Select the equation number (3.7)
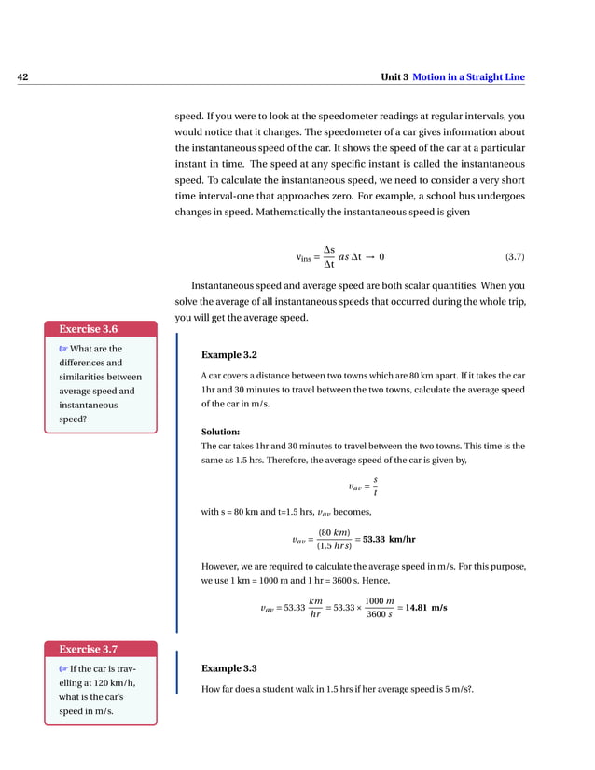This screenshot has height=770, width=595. [515, 256]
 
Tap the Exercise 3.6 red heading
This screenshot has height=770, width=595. [89, 328]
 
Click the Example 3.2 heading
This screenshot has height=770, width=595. [228, 355]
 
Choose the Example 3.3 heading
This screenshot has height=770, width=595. [228, 668]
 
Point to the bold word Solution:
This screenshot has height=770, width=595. [221, 432]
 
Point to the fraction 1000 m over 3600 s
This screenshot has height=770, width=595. [379, 607]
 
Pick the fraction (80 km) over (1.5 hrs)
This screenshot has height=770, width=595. [334, 539]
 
